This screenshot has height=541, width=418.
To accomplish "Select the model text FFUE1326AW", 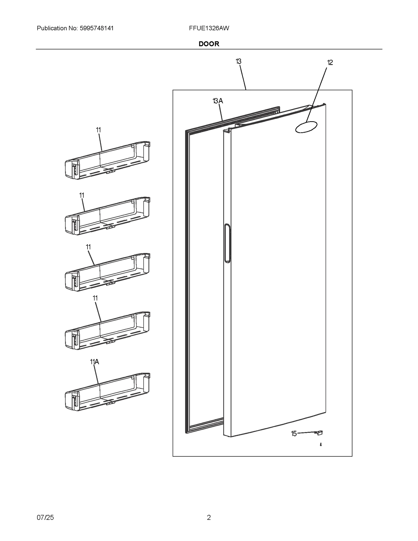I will pyautogui.click(x=209, y=28).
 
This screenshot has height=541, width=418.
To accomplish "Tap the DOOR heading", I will pyautogui.click(x=209, y=44).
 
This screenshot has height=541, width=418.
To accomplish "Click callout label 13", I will pyautogui.click(x=238, y=61).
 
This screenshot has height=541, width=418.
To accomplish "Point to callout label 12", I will pyautogui.click(x=330, y=63).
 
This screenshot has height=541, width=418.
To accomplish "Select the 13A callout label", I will pyautogui.click(x=218, y=101).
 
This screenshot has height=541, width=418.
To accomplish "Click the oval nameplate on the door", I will pyautogui.click(x=306, y=127).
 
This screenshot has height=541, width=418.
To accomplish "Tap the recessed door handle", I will pyautogui.click(x=227, y=243).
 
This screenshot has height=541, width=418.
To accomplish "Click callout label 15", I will pyautogui.click(x=294, y=434).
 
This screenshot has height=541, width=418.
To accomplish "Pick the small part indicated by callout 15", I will pyautogui.click(x=320, y=433).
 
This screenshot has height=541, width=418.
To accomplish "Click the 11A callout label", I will pyautogui.click(x=94, y=362).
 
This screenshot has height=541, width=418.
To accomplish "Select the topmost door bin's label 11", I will pyautogui.click(x=98, y=130).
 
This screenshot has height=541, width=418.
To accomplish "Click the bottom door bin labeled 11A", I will pyautogui.click(x=107, y=392).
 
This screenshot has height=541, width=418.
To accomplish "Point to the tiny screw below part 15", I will pyautogui.click(x=321, y=445).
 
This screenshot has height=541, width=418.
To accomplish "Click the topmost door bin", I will pyautogui.click(x=107, y=161).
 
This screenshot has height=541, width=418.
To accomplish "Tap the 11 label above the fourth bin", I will pyautogui.click(x=95, y=298).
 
